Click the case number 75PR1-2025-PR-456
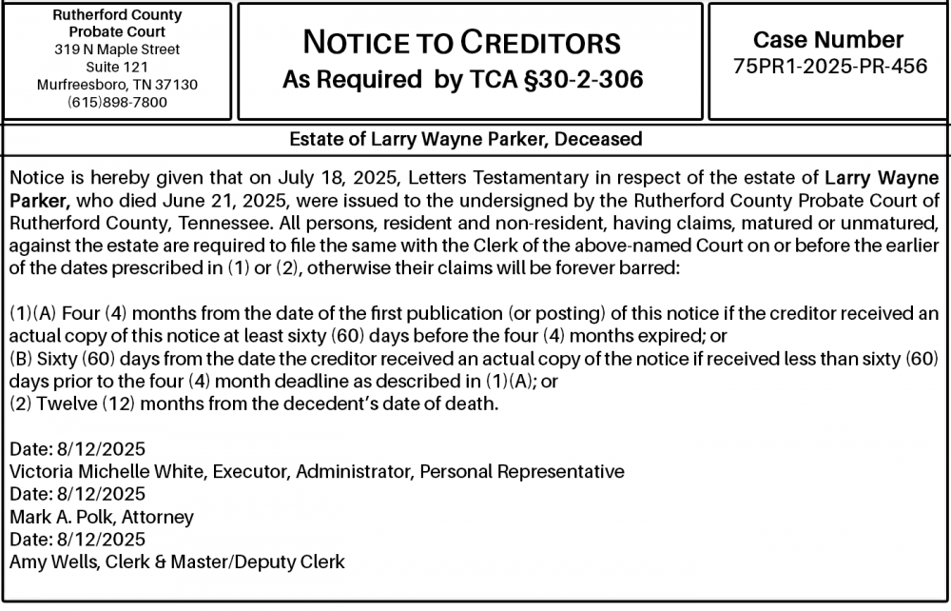coord(829,67)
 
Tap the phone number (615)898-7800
coord(117,102)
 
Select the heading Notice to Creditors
coord(461,43)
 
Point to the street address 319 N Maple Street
coord(117,49)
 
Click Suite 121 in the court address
coord(117,67)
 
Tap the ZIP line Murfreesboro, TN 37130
coord(117,84)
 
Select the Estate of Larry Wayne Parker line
coord(465,139)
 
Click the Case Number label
coord(828,40)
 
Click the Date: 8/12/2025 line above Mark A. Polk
coord(77,494)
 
